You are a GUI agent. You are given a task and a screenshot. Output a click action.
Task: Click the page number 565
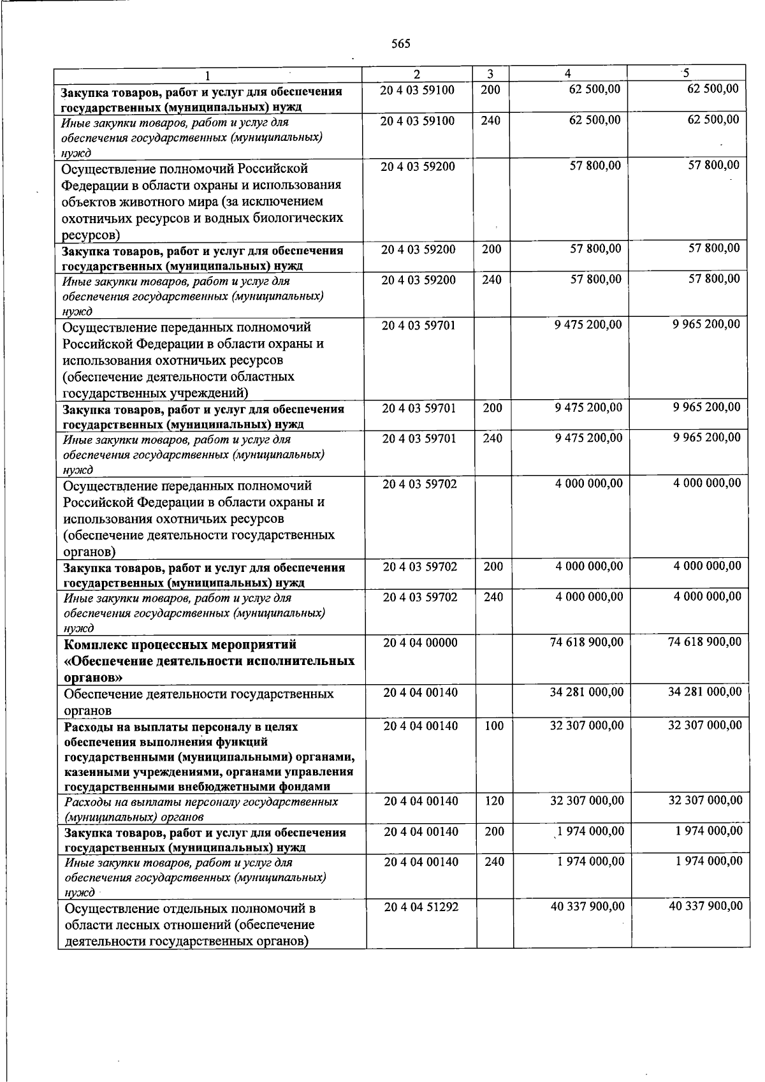pos(400,44)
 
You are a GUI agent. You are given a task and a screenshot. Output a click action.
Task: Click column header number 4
pos(567,73)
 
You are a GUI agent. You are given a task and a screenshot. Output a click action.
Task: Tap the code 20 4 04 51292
pos(421,907)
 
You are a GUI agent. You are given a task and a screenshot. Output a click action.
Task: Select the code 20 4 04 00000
pos(420,643)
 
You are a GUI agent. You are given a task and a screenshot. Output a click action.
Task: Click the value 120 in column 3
pos(494,801)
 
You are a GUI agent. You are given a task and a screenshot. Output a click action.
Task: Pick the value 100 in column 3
pos(494,726)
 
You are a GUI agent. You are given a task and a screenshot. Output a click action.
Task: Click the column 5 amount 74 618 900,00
pos(704,642)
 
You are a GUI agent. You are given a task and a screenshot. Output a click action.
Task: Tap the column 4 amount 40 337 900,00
pos(587,906)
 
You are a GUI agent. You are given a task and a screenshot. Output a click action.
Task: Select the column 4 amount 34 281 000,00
pos(586,692)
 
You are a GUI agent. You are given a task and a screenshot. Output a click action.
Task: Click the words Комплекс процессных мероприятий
pos(180,645)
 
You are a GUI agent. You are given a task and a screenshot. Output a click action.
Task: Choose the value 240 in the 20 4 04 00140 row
pos(494,862)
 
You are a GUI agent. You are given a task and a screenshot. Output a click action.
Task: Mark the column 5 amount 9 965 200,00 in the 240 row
pos(706,437)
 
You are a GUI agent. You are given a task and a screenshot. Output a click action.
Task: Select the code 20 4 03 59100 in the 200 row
pos(417,90)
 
